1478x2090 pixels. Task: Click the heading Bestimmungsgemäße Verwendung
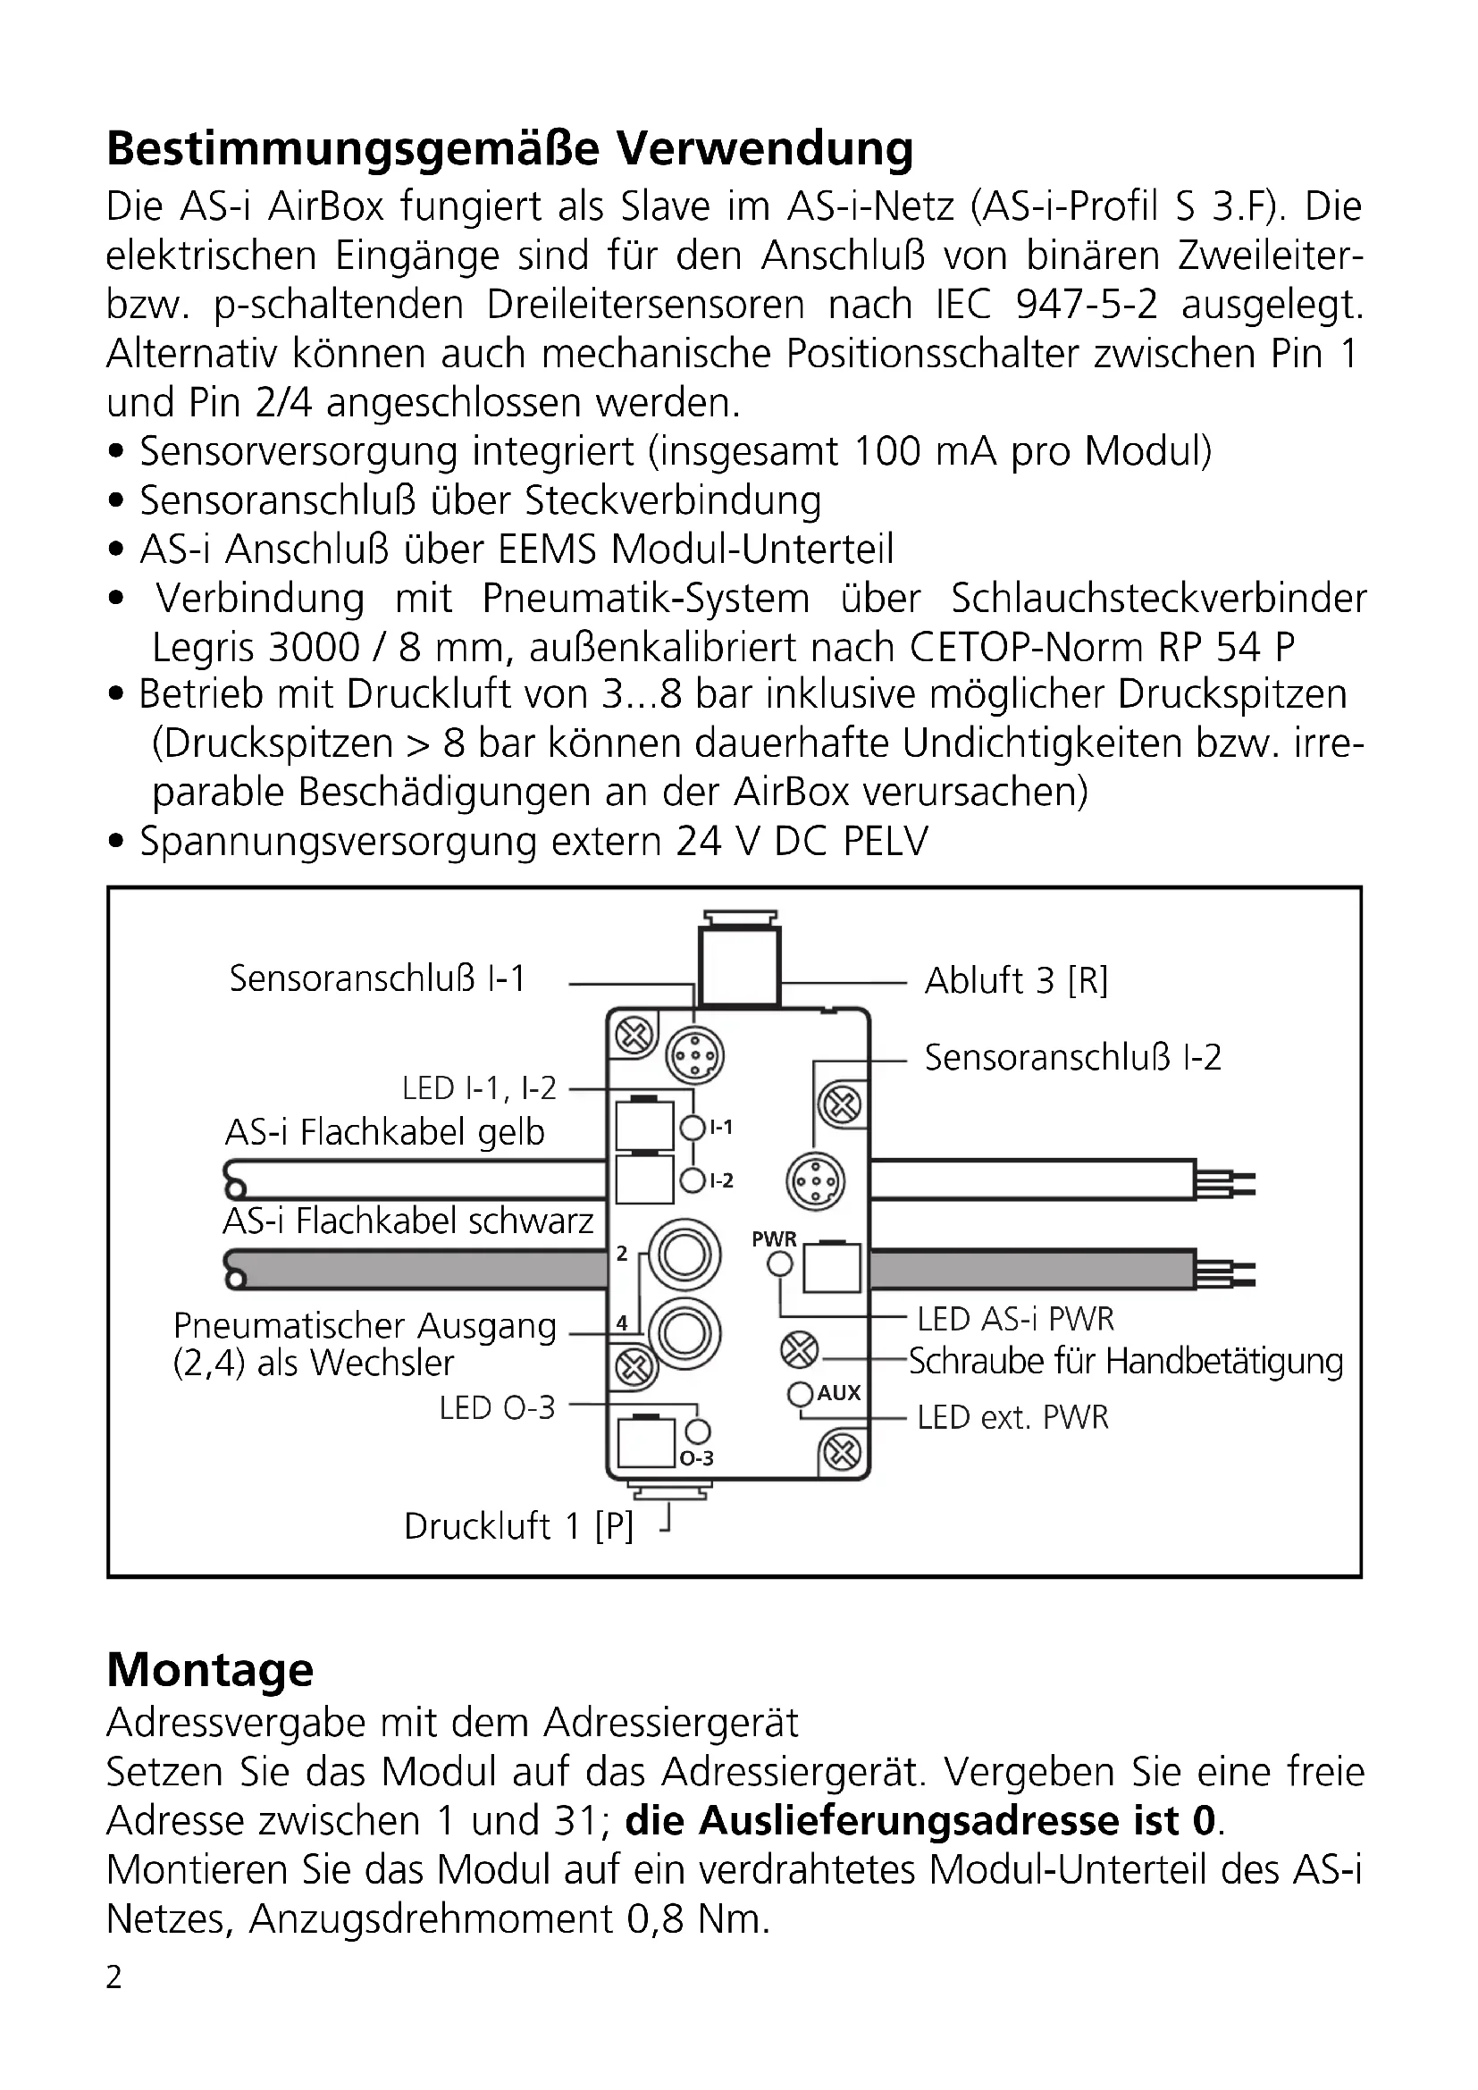(509, 148)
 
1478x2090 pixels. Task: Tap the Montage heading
(210, 1669)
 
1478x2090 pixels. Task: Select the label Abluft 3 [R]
(1016, 980)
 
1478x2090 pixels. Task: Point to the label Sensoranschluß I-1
(377, 978)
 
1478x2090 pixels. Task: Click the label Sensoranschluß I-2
(1072, 1057)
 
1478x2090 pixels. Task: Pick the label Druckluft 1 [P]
(518, 1525)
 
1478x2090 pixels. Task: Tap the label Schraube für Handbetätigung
(1126, 1361)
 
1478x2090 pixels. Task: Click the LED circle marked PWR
(780, 1263)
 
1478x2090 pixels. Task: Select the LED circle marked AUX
(801, 1394)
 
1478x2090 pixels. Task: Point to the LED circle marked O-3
(698, 1431)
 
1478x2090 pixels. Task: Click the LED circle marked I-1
(693, 1129)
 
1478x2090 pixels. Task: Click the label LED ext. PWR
(1012, 1417)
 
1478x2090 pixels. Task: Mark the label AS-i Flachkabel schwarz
(407, 1221)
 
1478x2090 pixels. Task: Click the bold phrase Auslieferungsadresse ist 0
(921, 1819)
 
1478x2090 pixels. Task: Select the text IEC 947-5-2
(1046, 304)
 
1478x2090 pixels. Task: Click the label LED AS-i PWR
(1015, 1319)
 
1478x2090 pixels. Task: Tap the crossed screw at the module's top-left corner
(634, 1035)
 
